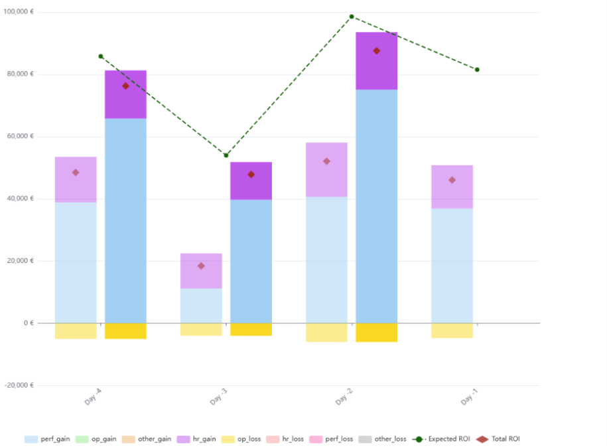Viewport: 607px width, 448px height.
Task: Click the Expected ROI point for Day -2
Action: tap(352, 17)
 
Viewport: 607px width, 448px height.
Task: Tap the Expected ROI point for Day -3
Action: tap(226, 155)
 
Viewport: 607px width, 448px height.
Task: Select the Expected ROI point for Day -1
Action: tap(477, 70)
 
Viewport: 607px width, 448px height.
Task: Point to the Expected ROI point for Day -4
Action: tap(101, 56)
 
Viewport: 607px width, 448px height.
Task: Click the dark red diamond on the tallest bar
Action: tap(377, 51)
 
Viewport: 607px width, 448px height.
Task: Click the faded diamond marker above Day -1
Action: tap(452, 180)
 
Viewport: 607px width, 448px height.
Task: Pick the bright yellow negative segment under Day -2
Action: tap(377, 333)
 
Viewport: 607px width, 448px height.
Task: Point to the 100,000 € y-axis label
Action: tap(19, 12)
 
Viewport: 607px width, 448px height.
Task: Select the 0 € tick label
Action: tap(27, 323)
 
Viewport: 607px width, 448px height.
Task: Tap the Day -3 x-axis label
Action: tap(219, 398)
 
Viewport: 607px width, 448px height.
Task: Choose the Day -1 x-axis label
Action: tap(470, 398)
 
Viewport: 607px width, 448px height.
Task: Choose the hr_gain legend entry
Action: tap(197, 439)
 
